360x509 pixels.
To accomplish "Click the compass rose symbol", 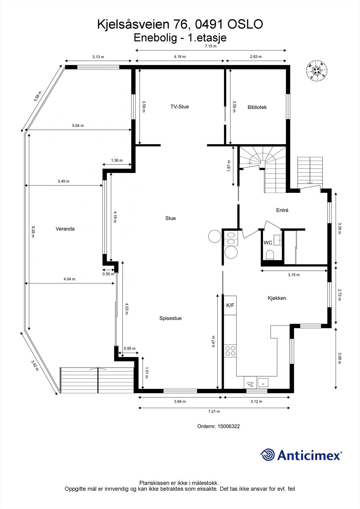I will pyautogui.click(x=317, y=70).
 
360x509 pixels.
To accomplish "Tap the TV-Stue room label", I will pyautogui.click(x=180, y=107).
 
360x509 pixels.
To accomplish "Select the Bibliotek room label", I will pyautogui.click(x=257, y=107).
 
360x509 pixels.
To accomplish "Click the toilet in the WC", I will pyautogui.click(x=270, y=255).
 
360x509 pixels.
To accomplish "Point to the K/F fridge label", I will pyautogui.click(x=230, y=305).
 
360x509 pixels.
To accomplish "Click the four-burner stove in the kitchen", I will pyautogui.click(x=230, y=351).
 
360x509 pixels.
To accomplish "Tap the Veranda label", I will pyautogui.click(x=65, y=229).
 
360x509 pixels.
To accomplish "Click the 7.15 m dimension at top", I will pyautogui.click(x=210, y=46).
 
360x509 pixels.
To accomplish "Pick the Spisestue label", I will pyautogui.click(x=170, y=318).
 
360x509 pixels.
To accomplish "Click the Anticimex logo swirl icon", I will pyautogui.click(x=267, y=455).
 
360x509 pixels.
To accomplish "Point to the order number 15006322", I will pyautogui.click(x=228, y=426).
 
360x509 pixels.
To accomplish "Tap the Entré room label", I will pyautogui.click(x=282, y=210).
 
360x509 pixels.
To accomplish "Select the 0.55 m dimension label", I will pyautogui.click(x=108, y=274).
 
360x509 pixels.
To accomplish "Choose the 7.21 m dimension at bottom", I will pyautogui.click(x=214, y=411).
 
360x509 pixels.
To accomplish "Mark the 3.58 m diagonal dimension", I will pyautogui.click(x=38, y=96).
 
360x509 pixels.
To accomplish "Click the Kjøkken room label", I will pyautogui.click(x=277, y=298).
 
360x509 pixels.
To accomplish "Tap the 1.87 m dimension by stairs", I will pyautogui.click(x=229, y=166).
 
